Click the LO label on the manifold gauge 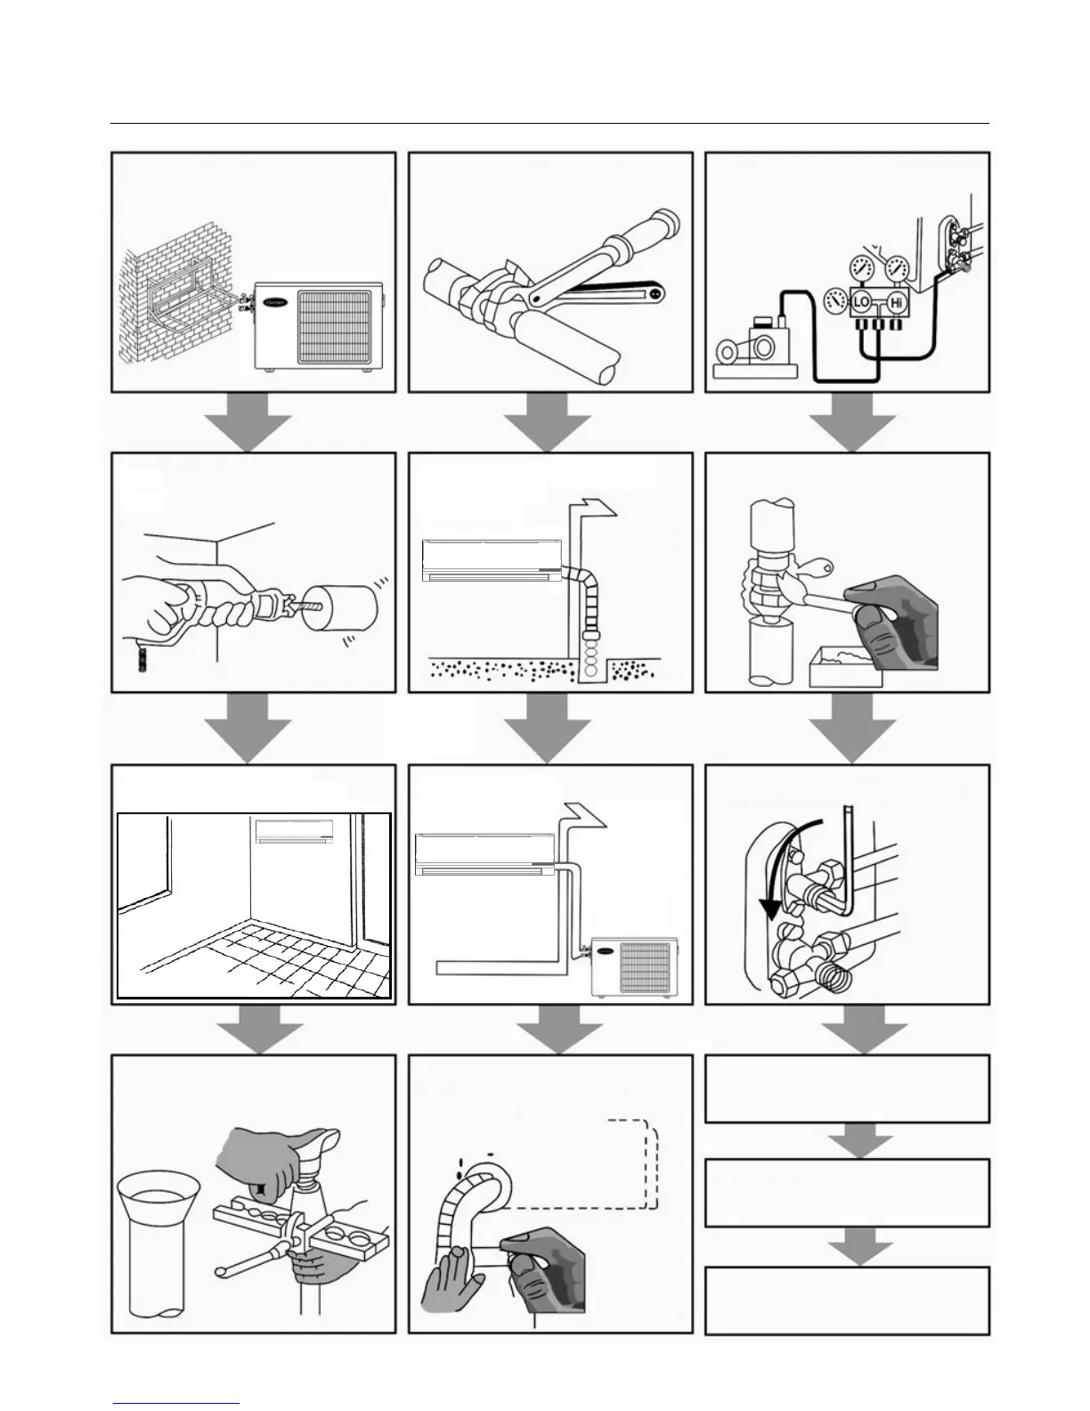click(860, 303)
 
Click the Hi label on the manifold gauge click(896, 303)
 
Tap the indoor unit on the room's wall click(295, 830)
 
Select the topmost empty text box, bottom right click(847, 1089)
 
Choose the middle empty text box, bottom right click(847, 1193)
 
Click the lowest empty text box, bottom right click(847, 1300)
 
